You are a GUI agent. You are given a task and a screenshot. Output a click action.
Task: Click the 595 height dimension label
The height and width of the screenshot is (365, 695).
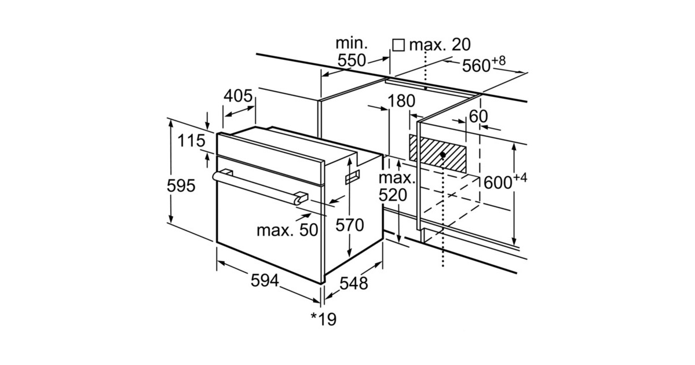[181, 186]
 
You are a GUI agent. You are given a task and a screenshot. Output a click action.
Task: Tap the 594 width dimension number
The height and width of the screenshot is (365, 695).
[265, 281]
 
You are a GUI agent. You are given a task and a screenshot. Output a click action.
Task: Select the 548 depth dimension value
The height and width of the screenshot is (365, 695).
[354, 283]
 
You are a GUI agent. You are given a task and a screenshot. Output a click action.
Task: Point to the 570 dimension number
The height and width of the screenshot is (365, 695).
[350, 225]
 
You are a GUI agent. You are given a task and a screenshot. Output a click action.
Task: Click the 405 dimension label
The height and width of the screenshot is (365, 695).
[238, 96]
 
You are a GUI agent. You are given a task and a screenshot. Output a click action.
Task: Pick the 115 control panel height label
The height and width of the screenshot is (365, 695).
[191, 141]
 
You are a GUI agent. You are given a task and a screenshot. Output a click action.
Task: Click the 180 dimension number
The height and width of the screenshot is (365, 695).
[401, 101]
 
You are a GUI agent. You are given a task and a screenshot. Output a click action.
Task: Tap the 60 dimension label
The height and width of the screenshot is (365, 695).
[478, 116]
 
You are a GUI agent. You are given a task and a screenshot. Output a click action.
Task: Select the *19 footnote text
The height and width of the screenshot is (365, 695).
[324, 319]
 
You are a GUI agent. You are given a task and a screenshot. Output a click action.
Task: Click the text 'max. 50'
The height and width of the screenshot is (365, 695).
[287, 231]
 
